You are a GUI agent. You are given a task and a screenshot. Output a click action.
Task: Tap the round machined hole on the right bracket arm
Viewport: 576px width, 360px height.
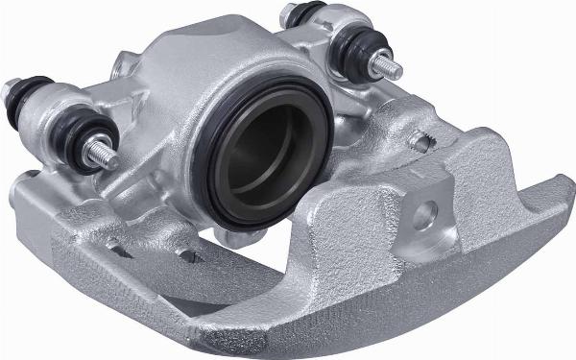pyautogui.click(x=426, y=213)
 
